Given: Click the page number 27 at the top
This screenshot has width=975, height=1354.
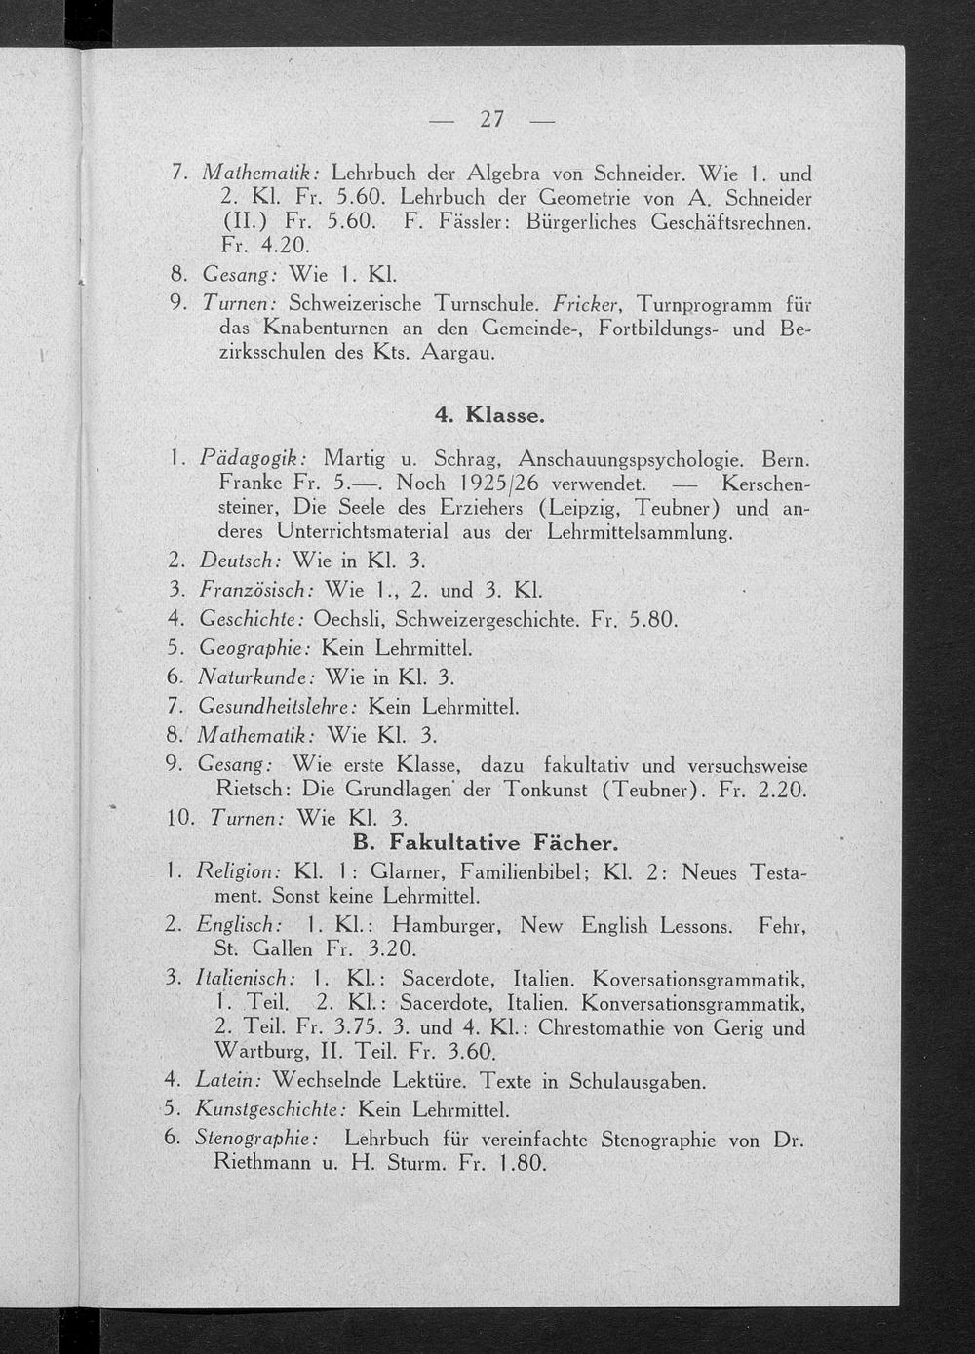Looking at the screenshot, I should point(491,119).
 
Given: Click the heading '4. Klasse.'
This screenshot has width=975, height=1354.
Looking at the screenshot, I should point(489,415).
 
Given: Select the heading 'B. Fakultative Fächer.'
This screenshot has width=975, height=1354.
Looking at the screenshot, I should point(485,842).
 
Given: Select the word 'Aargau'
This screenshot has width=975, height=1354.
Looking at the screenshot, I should point(458,353).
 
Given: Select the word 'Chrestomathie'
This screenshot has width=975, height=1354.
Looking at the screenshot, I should point(606,1027).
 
